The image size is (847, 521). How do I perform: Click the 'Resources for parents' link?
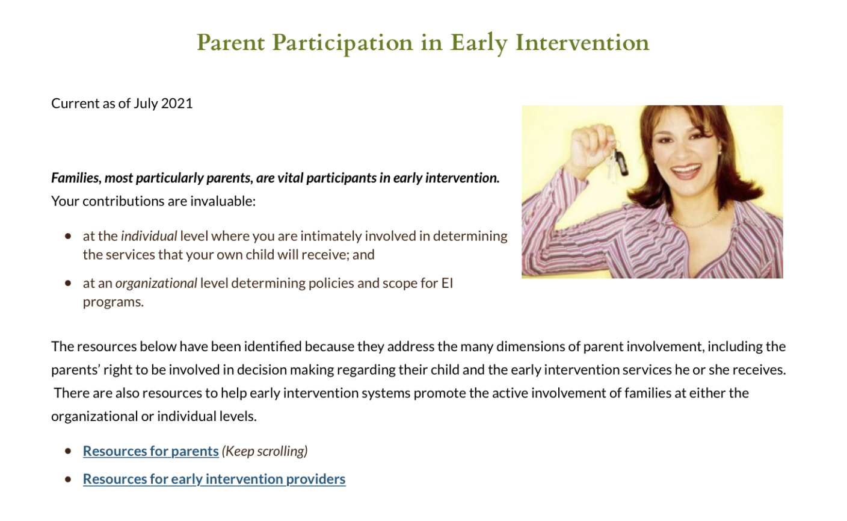(150, 451)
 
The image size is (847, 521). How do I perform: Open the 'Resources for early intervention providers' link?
(214, 479)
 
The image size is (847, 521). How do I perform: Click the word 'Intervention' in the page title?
(582, 43)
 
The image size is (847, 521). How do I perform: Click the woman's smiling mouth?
(686, 171)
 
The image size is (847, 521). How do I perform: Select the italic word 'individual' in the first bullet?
(149, 236)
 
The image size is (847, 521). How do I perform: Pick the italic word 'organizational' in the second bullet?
(156, 283)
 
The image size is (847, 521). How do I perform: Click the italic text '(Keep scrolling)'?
(265, 451)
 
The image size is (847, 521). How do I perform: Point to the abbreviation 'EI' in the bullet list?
(447, 283)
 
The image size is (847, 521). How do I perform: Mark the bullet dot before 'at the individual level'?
(68, 236)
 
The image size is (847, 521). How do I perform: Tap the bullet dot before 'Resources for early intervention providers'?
(68, 479)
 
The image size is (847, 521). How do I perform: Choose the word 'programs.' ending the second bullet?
(113, 302)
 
